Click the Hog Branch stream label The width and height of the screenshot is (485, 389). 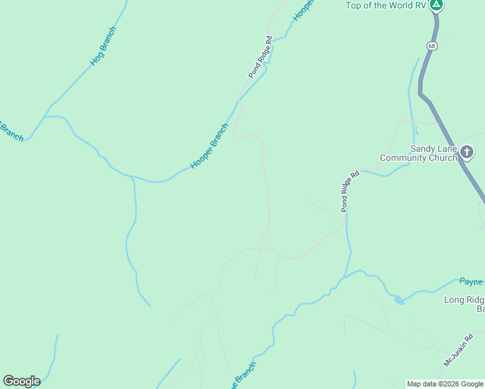(104, 47)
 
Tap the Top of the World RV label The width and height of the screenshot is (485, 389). (386, 6)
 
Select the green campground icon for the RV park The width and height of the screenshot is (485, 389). (437, 5)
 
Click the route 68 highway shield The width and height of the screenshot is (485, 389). (432, 45)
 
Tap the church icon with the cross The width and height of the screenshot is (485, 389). (468, 153)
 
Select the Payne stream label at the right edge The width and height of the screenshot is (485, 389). (471, 281)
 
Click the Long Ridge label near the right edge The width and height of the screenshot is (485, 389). (464, 300)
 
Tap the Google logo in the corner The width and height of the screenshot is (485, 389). (21, 381)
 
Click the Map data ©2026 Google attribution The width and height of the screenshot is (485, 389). (445, 384)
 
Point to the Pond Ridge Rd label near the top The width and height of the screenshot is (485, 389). (260, 58)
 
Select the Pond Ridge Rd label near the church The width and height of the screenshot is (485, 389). (350, 191)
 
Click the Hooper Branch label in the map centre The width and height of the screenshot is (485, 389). (210, 146)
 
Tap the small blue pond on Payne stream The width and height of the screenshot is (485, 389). (399, 300)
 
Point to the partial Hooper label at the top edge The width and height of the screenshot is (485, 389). (303, 10)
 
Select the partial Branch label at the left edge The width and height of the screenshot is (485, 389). (11, 131)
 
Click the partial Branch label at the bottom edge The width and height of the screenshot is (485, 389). (244, 375)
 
